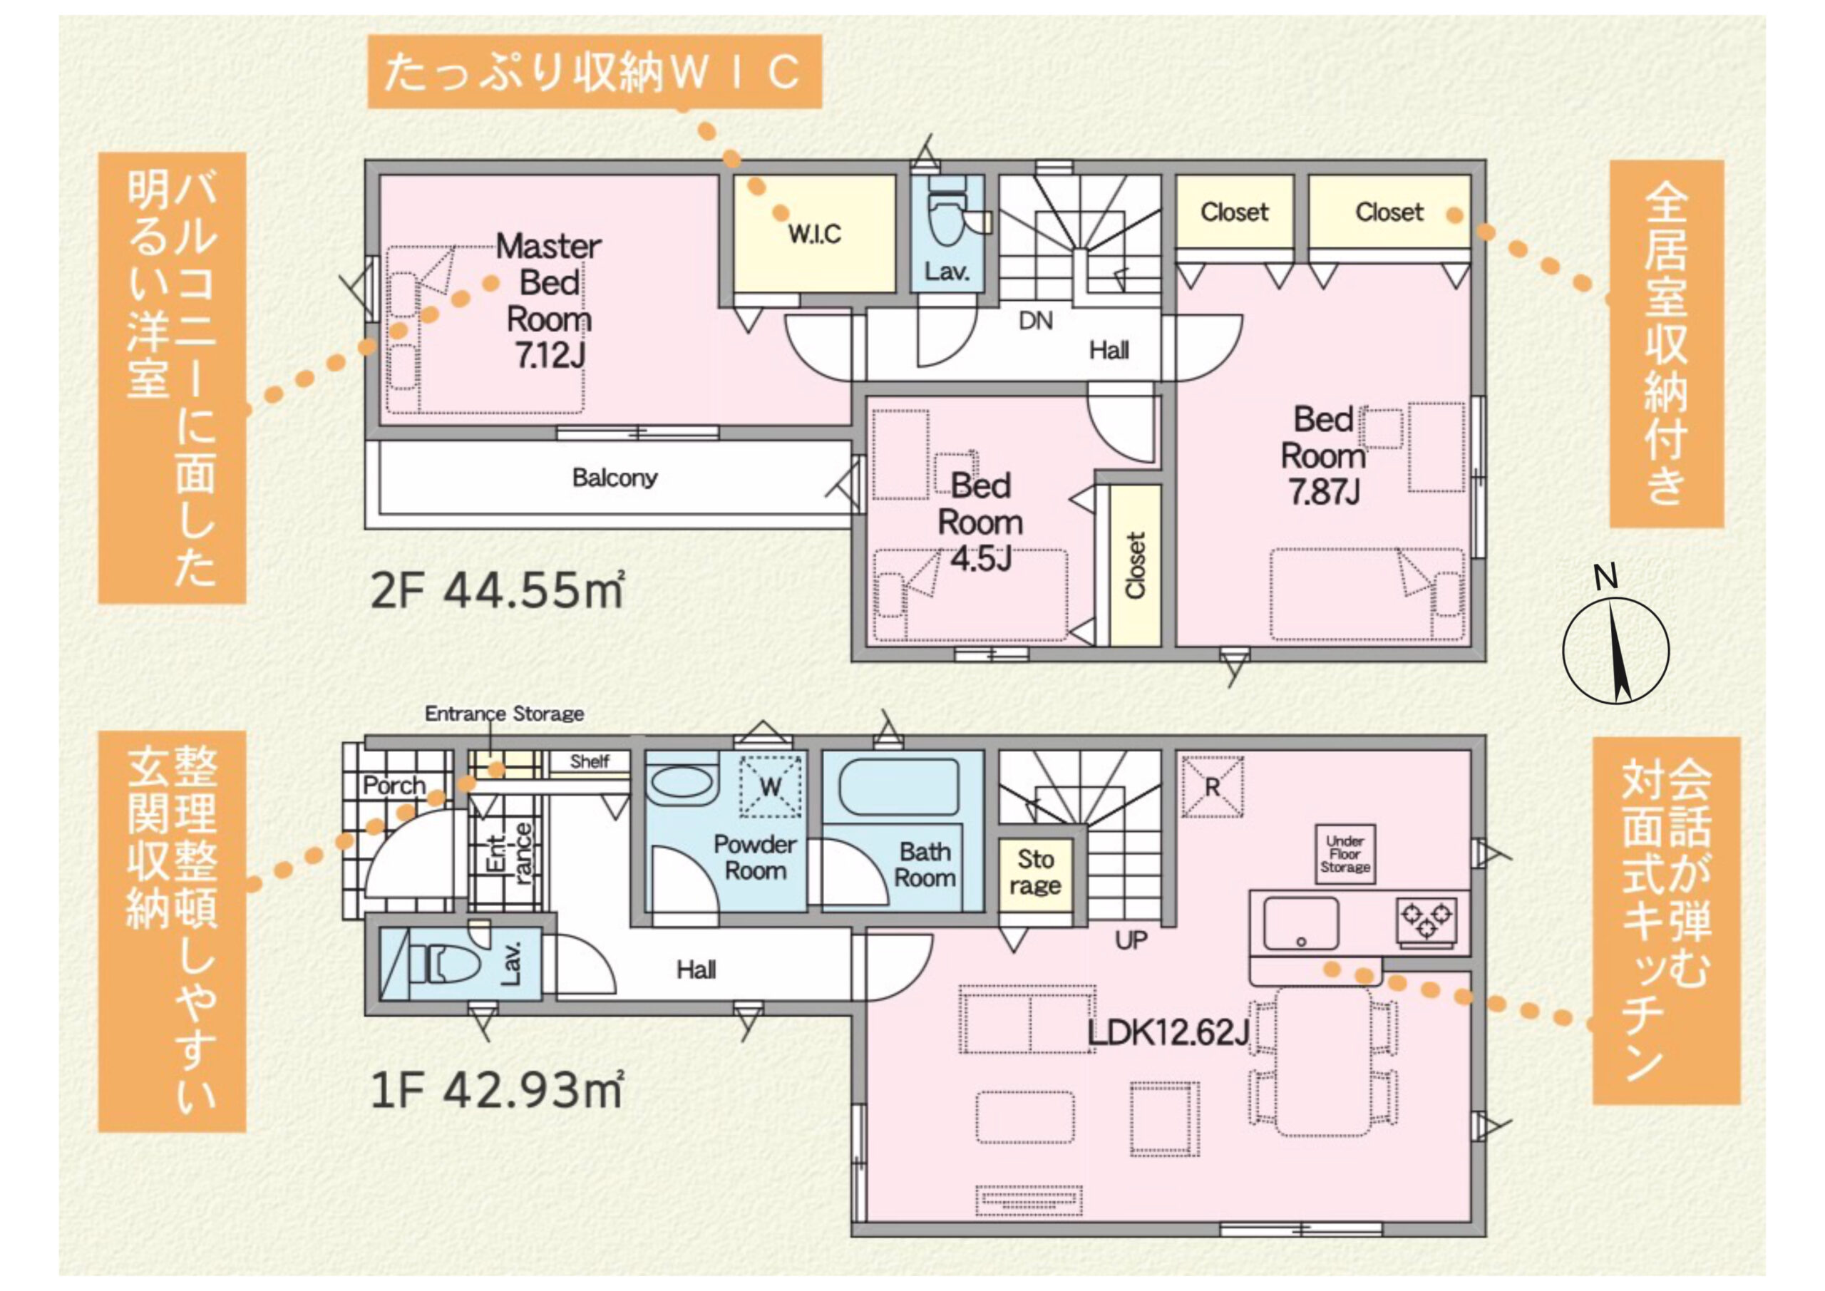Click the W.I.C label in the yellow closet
[815, 234]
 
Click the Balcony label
[615, 478]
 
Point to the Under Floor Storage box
[1345, 854]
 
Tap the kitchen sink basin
[1301, 923]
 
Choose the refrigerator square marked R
[1212, 786]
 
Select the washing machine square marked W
[770, 786]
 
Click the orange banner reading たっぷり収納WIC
[594, 71]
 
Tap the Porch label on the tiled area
[394, 786]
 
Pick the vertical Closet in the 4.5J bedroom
[1135, 565]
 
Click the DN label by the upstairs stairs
[1036, 322]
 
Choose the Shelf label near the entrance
[589, 761]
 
